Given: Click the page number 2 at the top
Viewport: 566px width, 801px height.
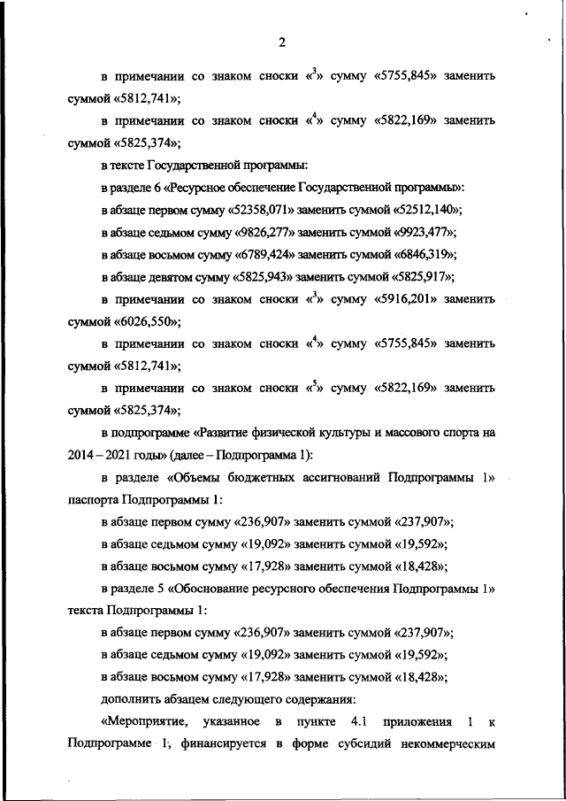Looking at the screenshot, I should coord(281,42).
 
